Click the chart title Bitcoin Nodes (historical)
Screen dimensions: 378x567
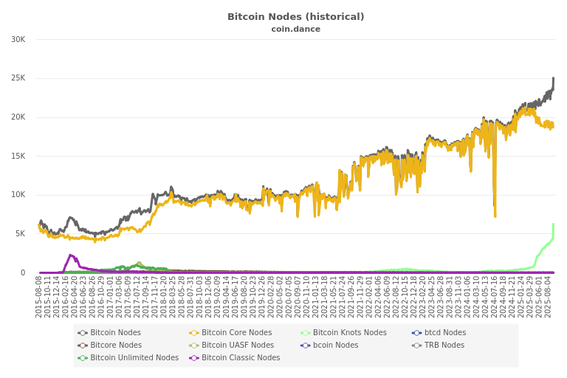295,17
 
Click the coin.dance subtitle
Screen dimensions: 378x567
295,29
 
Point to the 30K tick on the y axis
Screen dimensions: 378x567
18,39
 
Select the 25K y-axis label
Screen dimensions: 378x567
18,78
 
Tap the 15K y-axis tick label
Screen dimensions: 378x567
18,156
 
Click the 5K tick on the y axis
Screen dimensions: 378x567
20,233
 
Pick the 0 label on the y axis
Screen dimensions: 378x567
22,272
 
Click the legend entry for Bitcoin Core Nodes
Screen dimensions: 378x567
236,333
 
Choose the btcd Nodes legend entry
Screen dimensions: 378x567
444,333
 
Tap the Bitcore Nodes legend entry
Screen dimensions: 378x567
115,346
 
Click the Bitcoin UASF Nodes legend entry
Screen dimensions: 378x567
237,346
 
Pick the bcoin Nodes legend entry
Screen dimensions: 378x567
334,346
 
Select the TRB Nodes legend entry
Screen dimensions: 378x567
444,346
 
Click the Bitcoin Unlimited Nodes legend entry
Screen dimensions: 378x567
134,358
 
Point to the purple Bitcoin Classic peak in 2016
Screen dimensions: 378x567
70,255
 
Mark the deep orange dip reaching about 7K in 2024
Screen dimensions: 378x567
495,216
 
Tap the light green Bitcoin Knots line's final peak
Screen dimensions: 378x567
553,224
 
